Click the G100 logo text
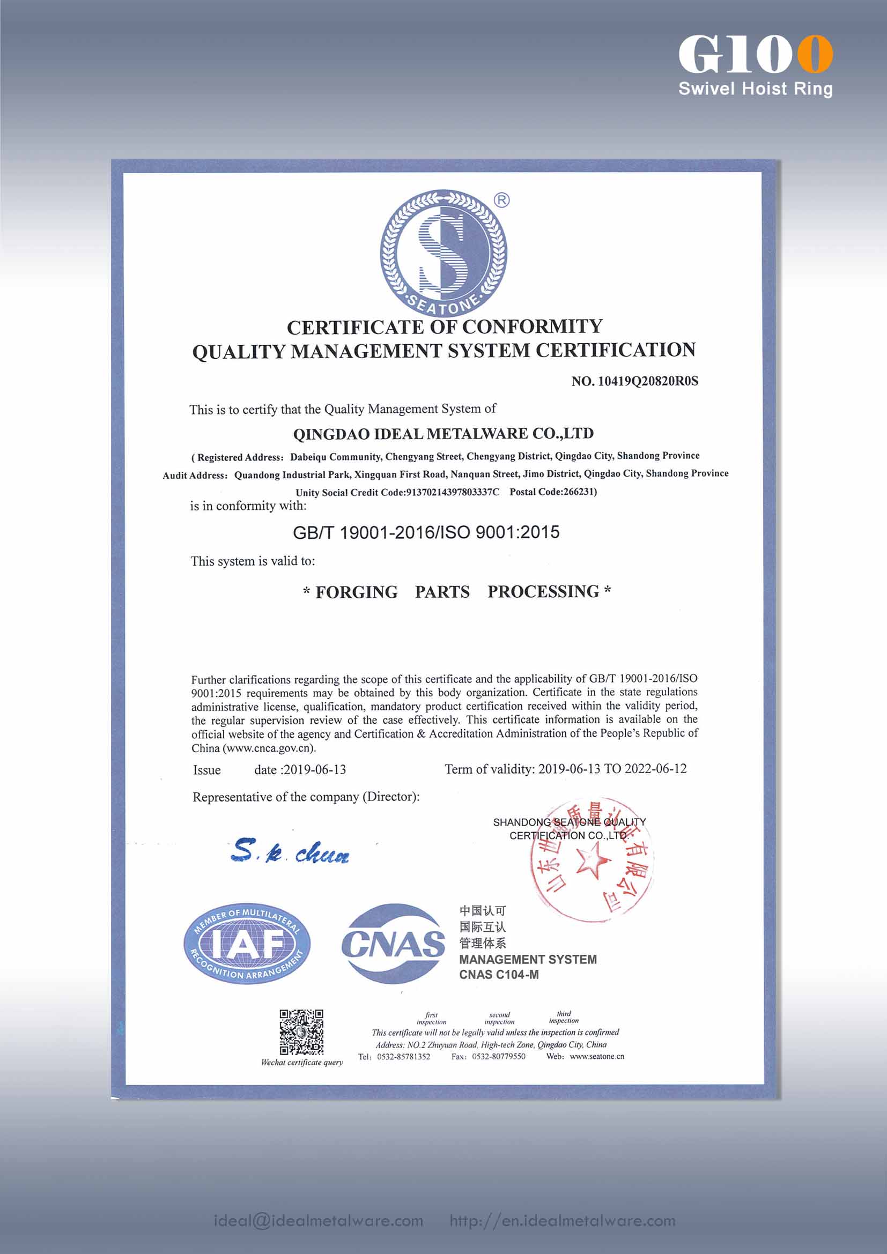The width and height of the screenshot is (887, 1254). pos(756,54)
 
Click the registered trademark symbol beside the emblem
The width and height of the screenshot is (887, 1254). pos(501,200)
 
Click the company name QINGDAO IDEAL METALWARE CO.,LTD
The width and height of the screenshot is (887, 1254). pos(443,434)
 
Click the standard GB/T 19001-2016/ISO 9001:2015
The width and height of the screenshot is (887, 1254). pos(426,532)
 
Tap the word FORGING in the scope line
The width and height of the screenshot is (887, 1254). pos(356,592)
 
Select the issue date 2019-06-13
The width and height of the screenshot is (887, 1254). pos(315,769)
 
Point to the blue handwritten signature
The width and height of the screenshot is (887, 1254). pos(290,851)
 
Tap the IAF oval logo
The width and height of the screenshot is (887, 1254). pos(247,943)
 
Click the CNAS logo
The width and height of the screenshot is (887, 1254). pos(393,944)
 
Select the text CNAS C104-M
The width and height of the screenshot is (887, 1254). pos(499,975)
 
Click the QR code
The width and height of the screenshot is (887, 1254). pos(301,1032)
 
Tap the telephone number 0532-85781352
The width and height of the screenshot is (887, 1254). pos(404,1057)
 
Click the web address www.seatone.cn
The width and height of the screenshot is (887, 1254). pos(596,1056)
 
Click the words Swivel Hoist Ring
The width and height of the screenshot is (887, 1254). pos(756,88)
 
